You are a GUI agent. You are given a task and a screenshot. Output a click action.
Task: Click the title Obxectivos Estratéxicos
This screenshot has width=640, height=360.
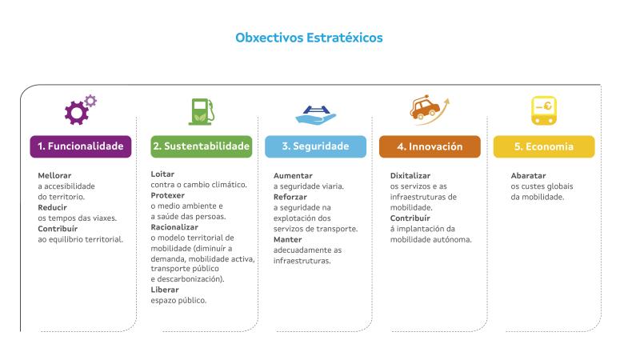(x=309, y=38)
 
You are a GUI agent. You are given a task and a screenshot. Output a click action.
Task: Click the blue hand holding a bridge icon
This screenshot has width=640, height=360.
(x=315, y=114)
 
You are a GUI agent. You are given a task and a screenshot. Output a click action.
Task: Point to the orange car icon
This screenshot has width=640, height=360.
(x=428, y=109)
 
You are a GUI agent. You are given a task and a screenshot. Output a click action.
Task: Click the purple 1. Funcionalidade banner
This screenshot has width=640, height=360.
(x=80, y=146)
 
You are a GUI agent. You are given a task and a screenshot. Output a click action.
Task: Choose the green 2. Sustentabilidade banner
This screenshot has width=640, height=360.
(x=201, y=146)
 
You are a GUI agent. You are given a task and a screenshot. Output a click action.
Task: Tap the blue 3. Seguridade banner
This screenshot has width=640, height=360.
(x=315, y=146)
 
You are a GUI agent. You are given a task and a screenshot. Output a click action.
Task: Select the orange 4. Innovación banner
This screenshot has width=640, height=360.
(x=430, y=146)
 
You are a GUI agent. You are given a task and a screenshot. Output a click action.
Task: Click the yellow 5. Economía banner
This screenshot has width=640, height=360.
(x=544, y=146)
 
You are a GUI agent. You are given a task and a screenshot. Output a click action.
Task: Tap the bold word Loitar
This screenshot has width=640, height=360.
(x=162, y=174)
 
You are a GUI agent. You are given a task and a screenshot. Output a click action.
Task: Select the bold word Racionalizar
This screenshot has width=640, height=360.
(x=175, y=227)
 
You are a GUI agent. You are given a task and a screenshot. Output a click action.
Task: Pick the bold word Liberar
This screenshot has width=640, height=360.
(x=164, y=290)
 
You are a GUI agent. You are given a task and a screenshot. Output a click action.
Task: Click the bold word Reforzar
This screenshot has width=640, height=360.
(x=290, y=197)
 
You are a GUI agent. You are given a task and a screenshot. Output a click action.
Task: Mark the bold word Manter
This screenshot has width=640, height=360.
(x=287, y=239)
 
